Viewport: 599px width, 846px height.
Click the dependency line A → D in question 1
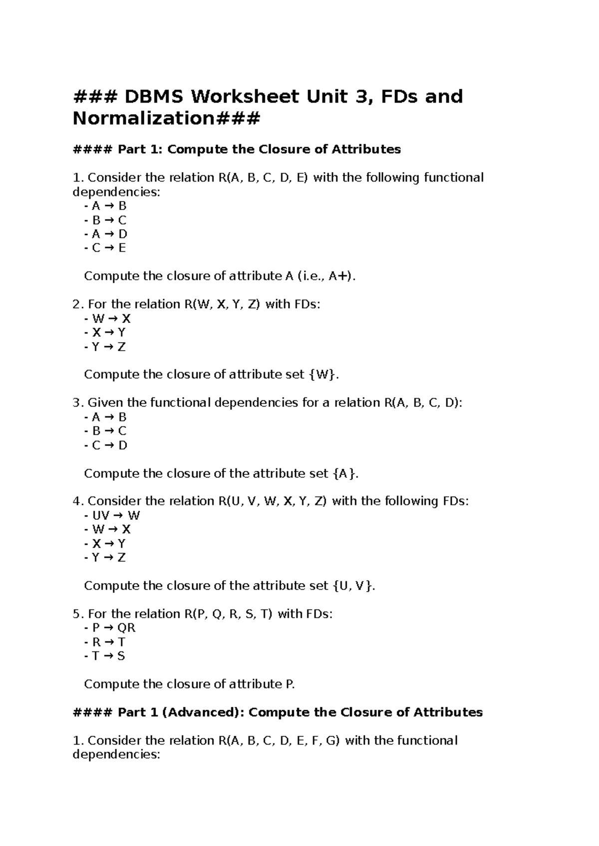click(x=106, y=234)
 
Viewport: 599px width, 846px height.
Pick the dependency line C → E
click(x=106, y=248)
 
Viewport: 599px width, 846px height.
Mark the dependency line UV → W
click(x=113, y=515)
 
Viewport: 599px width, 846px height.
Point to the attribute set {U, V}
click(x=352, y=586)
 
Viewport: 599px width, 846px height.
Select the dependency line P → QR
click(x=111, y=628)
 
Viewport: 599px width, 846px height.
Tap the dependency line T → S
click(x=106, y=656)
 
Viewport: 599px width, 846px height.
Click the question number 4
click(x=76, y=501)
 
